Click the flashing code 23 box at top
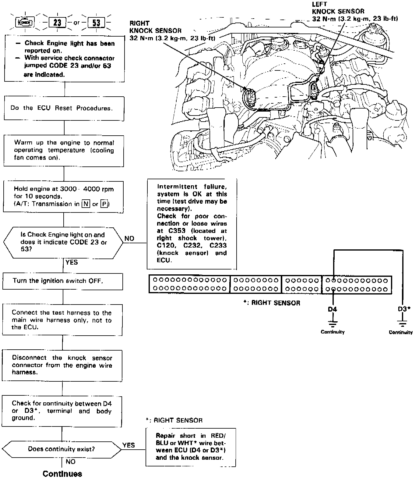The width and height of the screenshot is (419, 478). point(58,23)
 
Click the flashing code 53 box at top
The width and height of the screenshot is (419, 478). point(96,23)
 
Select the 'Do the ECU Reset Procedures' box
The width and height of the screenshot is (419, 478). point(64,108)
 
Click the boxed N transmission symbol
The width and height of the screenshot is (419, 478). point(86,204)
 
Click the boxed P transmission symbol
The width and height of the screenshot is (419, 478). point(104,204)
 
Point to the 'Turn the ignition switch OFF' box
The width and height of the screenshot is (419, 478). point(62,281)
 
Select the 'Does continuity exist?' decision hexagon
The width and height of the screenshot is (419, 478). point(62,449)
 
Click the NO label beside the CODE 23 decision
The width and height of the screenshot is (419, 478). point(129,238)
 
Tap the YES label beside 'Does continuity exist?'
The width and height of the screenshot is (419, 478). point(129,445)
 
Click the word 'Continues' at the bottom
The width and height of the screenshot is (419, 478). point(62,473)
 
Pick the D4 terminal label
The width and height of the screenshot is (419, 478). point(332,309)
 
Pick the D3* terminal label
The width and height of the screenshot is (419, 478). point(404,309)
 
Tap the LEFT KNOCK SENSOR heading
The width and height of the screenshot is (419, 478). point(338,8)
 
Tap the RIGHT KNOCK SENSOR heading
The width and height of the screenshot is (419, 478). point(155,27)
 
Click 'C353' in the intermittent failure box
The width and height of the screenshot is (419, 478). point(177,231)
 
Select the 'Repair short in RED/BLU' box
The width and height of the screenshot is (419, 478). point(191,447)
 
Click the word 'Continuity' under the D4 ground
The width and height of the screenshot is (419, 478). point(333,332)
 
